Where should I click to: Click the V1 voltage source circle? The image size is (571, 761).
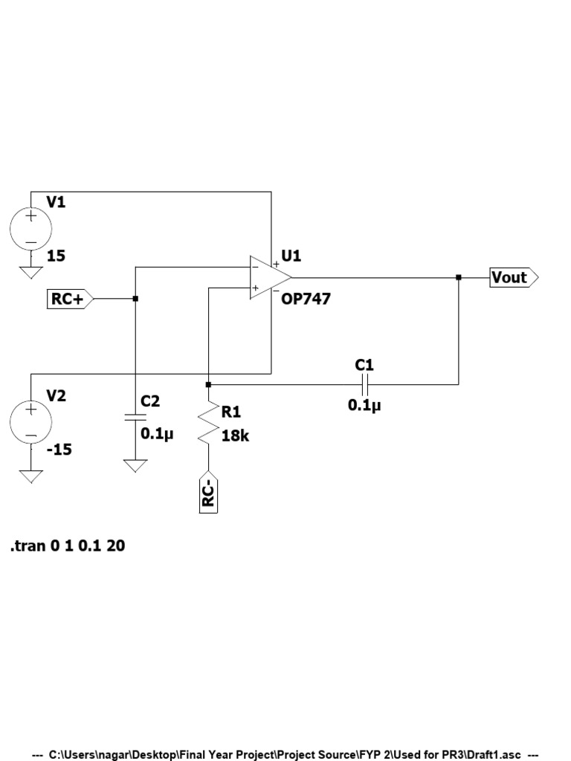pyautogui.click(x=31, y=229)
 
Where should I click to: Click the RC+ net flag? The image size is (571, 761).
pyautogui.click(x=70, y=299)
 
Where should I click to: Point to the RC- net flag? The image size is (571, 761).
pyautogui.click(x=209, y=492)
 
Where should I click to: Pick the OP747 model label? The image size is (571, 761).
pyautogui.click(x=306, y=299)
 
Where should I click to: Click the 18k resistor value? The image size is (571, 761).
pyautogui.click(x=235, y=435)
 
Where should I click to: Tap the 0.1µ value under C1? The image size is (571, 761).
pyautogui.click(x=364, y=406)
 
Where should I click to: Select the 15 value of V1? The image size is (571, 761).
pyautogui.click(x=57, y=256)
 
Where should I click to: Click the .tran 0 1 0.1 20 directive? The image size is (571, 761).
pyautogui.click(x=68, y=546)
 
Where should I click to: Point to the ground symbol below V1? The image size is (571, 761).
pyautogui.click(x=31, y=271)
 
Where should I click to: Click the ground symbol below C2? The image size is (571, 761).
pyautogui.click(x=135, y=466)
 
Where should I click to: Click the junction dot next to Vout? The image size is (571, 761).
pyautogui.click(x=459, y=278)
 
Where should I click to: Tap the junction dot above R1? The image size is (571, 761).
pyautogui.click(x=209, y=384)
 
